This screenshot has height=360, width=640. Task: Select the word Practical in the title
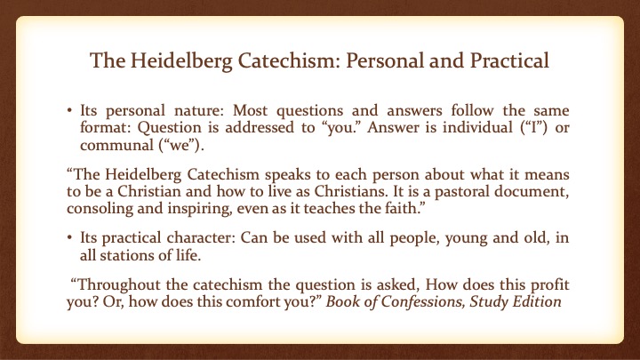point(509,60)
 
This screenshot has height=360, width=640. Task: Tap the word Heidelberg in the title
point(181,61)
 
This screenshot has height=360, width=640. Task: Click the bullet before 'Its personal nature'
point(70,110)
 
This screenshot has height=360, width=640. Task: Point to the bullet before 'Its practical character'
point(70,237)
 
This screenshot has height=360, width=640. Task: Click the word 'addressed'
point(260,127)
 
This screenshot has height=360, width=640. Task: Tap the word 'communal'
point(116,145)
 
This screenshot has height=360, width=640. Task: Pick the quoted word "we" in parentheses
point(179,145)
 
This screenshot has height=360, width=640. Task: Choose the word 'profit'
point(549,284)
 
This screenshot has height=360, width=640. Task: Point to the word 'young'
point(466,238)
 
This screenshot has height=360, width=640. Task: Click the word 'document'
point(532,191)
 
